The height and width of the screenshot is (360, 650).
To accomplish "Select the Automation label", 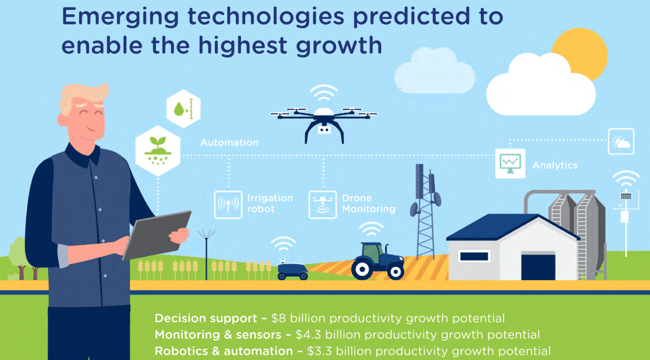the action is pos(229,143).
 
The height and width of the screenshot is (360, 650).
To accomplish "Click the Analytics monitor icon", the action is pos(510,164).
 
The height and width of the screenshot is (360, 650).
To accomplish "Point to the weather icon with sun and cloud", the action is pos(621,141).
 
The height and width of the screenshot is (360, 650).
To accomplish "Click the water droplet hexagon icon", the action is pos(183,109).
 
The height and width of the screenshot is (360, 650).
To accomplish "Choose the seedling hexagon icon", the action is pos(158,151).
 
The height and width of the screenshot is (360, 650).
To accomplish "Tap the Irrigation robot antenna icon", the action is pos(228,205).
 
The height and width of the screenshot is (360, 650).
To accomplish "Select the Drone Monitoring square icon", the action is pos(323,205).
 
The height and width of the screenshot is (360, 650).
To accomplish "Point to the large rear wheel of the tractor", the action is pos(362,269).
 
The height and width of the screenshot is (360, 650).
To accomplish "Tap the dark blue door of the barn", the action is pos(538,268).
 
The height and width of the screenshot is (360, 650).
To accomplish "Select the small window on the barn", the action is pos(474,256).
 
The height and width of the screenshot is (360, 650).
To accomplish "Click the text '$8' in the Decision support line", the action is pos(279,319).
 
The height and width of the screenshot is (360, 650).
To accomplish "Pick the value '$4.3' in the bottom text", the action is pos(308,335).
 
